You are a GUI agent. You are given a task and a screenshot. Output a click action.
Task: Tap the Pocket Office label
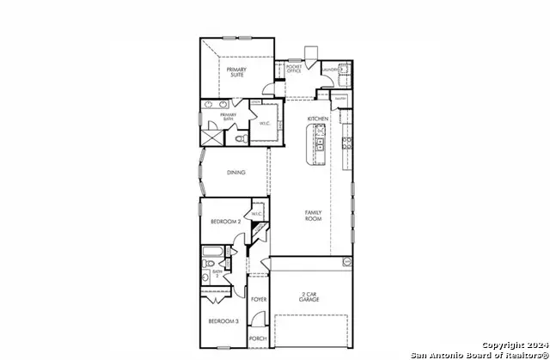(294, 69)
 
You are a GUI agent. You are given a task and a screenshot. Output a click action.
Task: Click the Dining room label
(236, 173)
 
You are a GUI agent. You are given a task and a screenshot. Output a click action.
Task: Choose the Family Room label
(313, 216)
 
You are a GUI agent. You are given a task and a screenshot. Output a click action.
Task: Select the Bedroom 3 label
(223, 321)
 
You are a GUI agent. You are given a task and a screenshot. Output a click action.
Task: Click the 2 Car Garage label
(309, 296)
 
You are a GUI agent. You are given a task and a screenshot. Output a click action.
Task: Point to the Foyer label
(259, 300)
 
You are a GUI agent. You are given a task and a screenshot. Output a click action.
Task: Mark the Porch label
(258, 339)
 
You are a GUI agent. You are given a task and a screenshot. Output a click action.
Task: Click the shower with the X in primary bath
(211, 137)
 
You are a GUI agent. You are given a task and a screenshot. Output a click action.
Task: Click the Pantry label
(340, 98)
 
